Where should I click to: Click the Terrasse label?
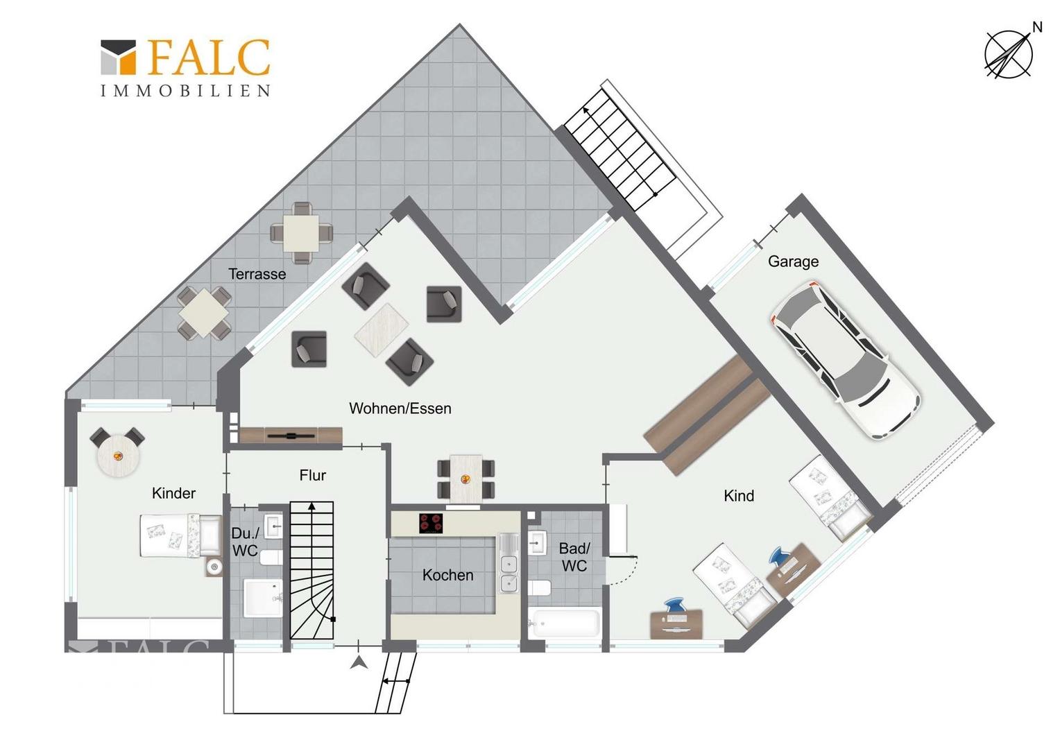257,274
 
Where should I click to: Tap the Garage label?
793,261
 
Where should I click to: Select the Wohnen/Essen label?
400,408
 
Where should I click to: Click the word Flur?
312,475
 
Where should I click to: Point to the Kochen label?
447,575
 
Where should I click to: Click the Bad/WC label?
574,557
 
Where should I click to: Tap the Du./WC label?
245,542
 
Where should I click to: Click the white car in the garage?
846,361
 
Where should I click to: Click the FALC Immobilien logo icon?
119,57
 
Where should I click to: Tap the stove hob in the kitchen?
431,524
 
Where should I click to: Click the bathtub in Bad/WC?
565,622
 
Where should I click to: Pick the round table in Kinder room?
119,456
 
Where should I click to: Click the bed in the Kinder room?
181,535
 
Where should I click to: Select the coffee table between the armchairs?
382,329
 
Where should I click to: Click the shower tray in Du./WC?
263,598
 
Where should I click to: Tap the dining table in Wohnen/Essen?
466,479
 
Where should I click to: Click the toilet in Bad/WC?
540,588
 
